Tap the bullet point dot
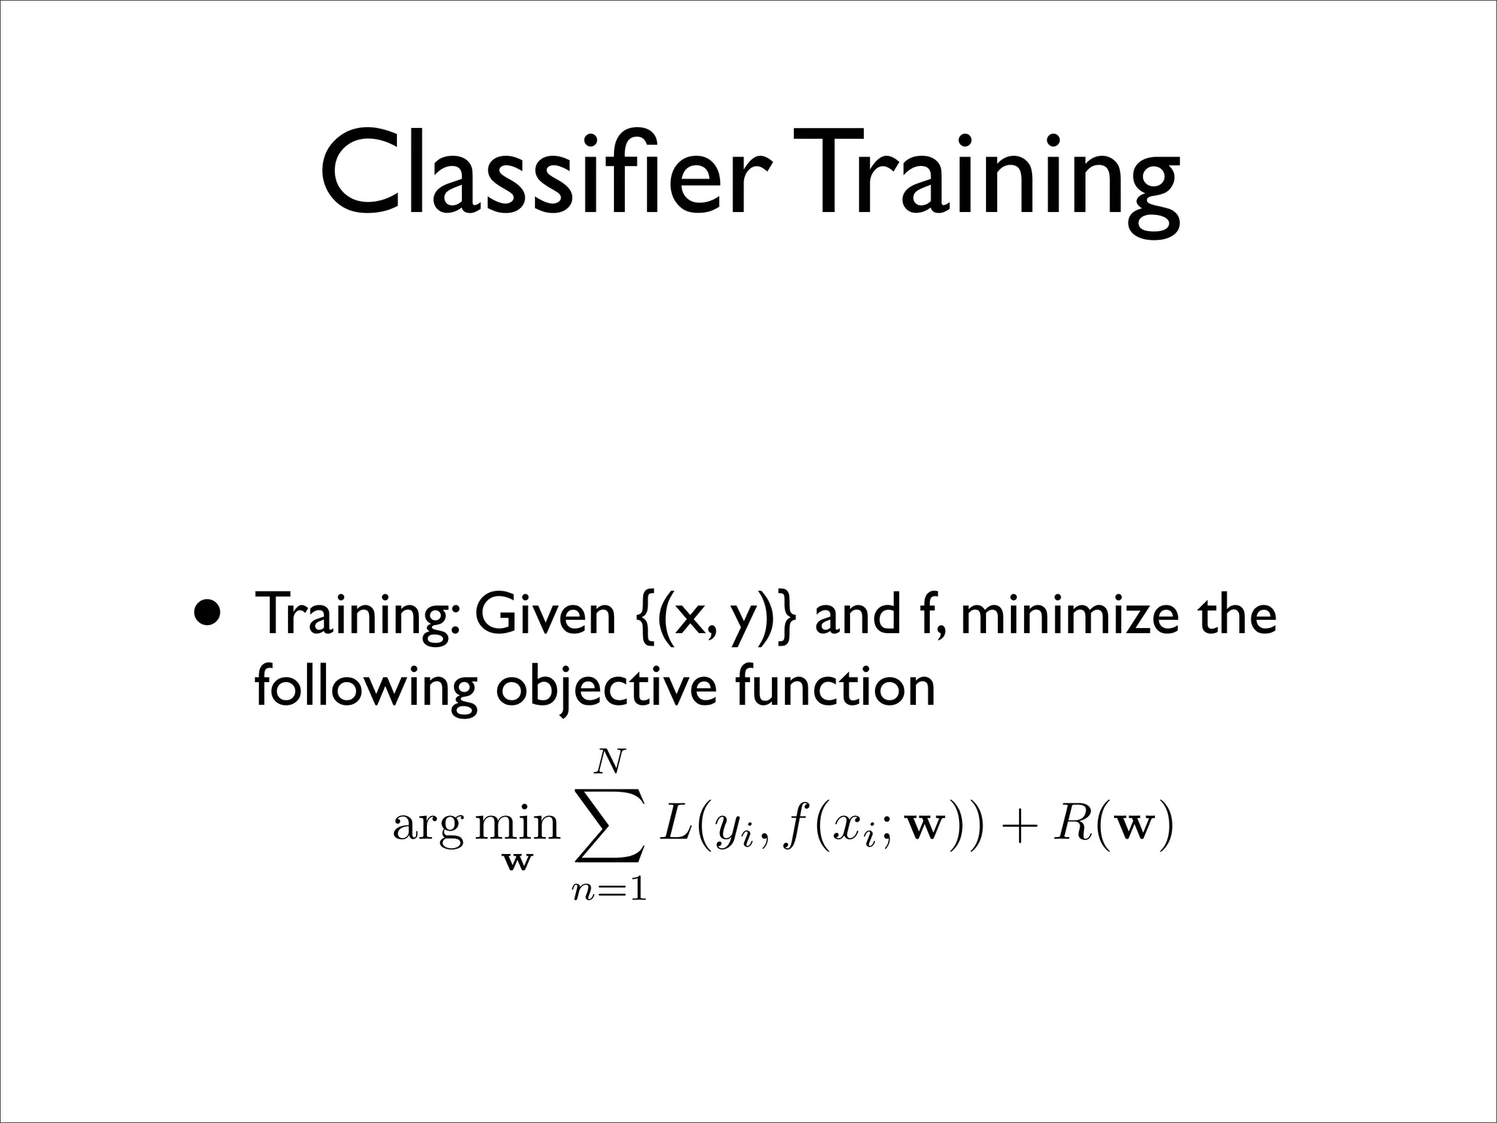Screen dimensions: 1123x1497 (x=207, y=613)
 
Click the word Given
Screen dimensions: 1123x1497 (x=545, y=614)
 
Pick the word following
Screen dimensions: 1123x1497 (x=365, y=688)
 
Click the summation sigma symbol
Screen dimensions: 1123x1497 (x=610, y=825)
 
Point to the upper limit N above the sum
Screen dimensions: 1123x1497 (x=610, y=763)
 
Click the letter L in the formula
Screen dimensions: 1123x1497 (x=672, y=824)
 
